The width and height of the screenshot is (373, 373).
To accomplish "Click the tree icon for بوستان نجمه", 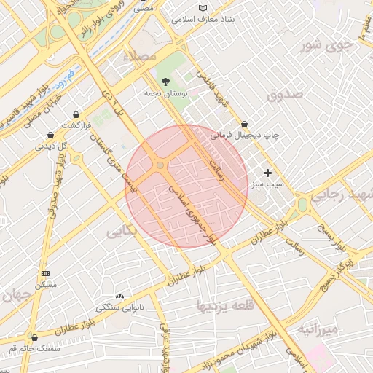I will [x=166, y=82].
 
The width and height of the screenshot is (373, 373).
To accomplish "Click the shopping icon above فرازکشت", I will [x=76, y=114].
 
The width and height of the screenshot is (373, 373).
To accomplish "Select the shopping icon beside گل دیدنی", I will [x=50, y=135].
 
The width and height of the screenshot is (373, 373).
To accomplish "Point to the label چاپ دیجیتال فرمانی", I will [x=246, y=135].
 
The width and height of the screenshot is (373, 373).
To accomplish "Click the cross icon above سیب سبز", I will [x=268, y=173].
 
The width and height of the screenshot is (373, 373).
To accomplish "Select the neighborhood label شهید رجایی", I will [x=342, y=195].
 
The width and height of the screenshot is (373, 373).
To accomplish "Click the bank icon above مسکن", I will [x=45, y=272].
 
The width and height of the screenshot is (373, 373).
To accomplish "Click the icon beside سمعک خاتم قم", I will [x=34, y=337].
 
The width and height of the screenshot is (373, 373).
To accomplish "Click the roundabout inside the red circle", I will [x=160, y=165].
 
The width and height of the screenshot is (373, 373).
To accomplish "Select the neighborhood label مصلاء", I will [x=140, y=56].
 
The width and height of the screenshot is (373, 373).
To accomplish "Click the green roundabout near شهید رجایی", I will [x=301, y=206].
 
